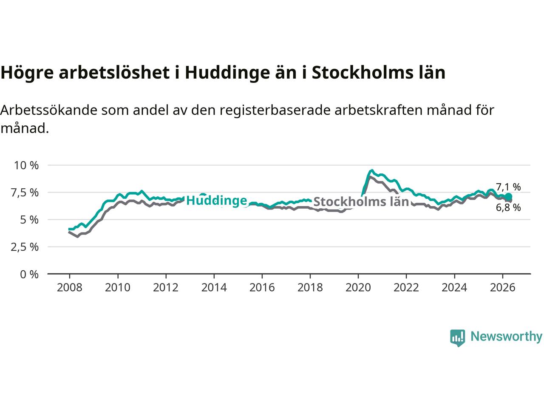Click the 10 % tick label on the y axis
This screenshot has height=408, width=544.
[26, 165]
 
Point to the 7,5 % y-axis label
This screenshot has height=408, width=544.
[25, 193]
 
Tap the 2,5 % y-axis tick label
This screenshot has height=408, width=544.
[25, 247]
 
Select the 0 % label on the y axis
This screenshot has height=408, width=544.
[29, 275]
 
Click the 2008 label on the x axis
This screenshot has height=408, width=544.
[69, 288]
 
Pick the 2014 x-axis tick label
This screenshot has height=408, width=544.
[214, 288]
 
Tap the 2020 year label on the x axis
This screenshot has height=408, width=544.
[358, 288]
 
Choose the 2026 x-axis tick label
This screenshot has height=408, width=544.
[503, 288]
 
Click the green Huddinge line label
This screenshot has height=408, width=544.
[217, 201]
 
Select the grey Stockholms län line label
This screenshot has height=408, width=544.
[361, 201]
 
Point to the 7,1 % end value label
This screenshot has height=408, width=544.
[508, 187]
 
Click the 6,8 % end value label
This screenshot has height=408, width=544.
[508, 207]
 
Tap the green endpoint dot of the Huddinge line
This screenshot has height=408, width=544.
[508, 197]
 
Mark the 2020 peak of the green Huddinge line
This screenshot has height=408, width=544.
[371, 170]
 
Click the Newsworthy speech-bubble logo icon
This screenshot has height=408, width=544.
[457, 338]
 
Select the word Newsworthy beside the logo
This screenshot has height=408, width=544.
[506, 337]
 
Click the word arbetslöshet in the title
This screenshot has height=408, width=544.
[114, 73]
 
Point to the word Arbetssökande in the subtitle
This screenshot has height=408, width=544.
[48, 110]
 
